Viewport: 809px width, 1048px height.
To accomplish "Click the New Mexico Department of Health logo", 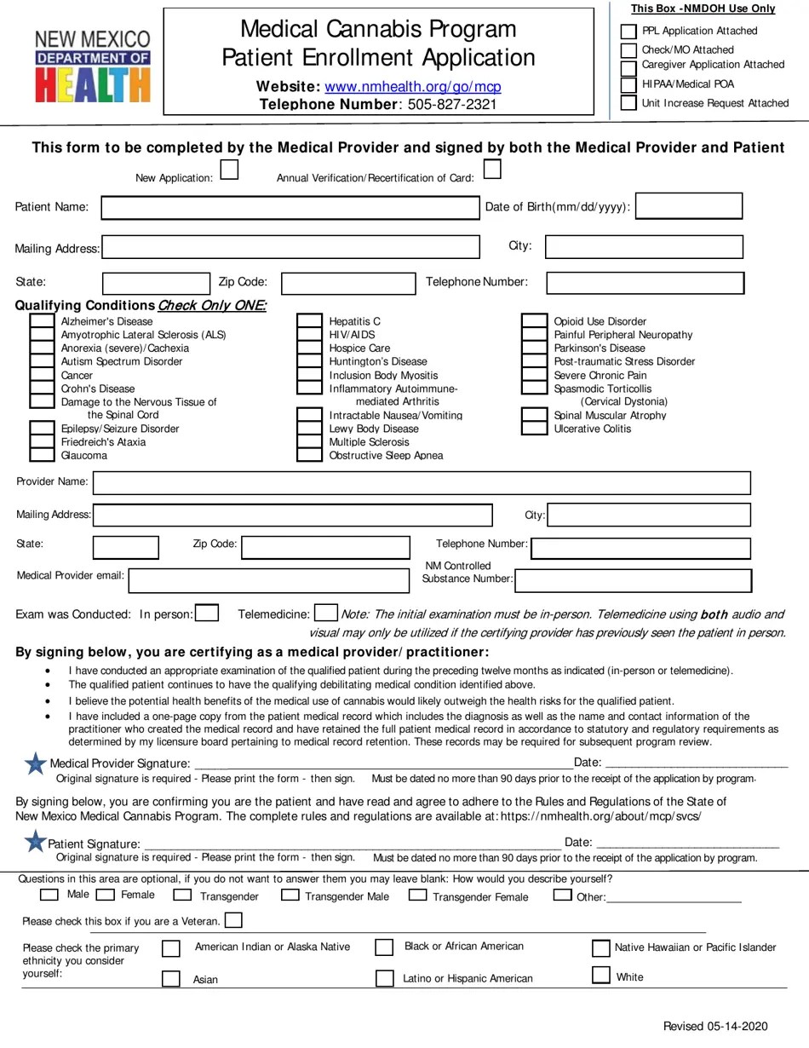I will click(92, 66).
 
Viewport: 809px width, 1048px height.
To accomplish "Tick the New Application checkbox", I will click(229, 170).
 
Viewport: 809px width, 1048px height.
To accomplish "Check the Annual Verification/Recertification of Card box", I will click(491, 170).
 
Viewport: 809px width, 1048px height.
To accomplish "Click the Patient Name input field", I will click(290, 208).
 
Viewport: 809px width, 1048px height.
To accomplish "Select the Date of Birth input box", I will click(689, 206).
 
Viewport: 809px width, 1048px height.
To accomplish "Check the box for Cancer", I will click(42, 375).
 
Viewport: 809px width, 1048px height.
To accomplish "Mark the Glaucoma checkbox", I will click(42, 455).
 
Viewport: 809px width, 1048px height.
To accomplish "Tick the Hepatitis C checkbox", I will click(309, 321).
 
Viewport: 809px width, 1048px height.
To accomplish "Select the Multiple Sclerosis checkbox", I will click(309, 441).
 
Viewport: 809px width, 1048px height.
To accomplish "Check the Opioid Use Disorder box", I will click(534, 321).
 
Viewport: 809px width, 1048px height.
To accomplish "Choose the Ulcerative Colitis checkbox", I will click(534, 428).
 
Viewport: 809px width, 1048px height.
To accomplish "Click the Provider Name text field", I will click(422, 483).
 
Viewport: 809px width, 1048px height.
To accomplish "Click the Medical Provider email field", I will click(268, 580).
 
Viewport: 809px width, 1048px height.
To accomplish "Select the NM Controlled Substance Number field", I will click(634, 580).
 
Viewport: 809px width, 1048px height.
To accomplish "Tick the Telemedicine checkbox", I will click(325, 613).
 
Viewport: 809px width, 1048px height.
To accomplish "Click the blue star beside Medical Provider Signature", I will click(36, 763).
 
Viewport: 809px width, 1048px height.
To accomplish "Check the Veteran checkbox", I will click(233, 920).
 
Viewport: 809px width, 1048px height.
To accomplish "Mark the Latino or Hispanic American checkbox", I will click(385, 977).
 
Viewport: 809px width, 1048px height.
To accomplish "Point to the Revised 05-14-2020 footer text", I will click(715, 1026).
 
